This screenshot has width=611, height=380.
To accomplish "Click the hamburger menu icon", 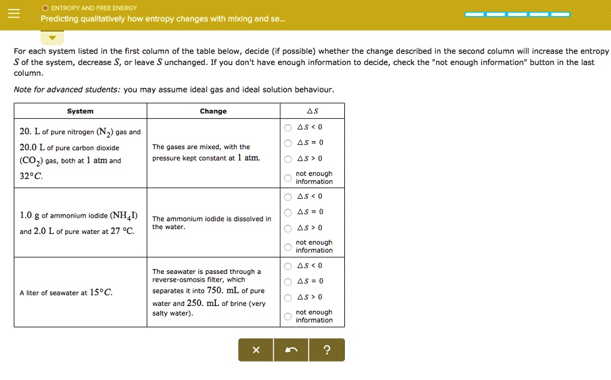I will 13,13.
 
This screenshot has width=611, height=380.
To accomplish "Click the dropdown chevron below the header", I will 53,38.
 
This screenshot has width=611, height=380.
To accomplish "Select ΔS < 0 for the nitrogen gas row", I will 288,128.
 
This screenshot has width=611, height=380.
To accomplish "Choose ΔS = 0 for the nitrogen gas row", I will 288,143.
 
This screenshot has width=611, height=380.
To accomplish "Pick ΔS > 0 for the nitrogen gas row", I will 288,159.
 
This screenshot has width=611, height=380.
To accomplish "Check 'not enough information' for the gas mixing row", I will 288,178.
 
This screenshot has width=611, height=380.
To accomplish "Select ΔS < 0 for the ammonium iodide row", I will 288,197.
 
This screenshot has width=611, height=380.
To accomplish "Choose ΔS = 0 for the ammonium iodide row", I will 288,212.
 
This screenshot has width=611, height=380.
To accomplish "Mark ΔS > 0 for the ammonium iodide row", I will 288,228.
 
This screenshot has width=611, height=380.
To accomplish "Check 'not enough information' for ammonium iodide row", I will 288,247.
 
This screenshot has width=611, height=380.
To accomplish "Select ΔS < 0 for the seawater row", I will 288,266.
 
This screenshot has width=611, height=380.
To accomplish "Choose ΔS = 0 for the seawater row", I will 288,282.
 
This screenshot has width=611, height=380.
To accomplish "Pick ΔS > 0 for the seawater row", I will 288,298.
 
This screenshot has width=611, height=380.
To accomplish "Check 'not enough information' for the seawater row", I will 288,316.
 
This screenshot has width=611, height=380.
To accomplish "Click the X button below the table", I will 256,350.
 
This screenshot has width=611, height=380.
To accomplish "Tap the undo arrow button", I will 291,350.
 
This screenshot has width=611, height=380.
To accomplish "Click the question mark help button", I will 326,350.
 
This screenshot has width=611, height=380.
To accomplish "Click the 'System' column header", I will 80,111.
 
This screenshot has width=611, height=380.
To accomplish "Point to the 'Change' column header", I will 213,111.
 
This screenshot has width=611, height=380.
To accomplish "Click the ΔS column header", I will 312,111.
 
